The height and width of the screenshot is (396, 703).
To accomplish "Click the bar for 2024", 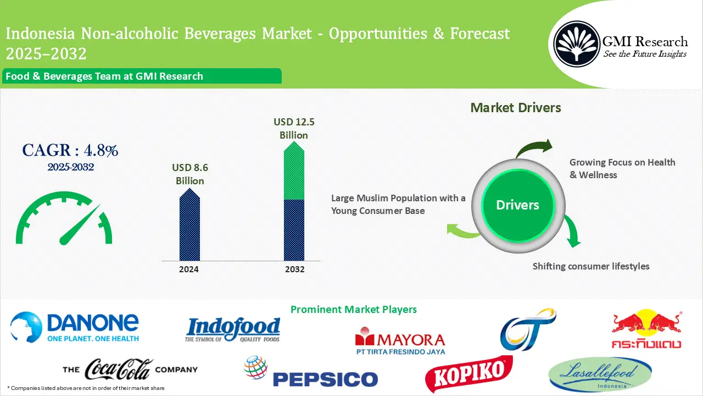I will tap(189, 226).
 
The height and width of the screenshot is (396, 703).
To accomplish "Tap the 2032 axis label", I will tap(295, 269).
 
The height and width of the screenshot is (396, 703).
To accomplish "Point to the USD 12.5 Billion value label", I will tap(294, 128).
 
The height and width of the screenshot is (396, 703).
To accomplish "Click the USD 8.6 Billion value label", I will tap(190, 174).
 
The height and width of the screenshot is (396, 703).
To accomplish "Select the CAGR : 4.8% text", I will tap(70, 150).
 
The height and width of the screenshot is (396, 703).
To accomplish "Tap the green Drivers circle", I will tap(517, 205).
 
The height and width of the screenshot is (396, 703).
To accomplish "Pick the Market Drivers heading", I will tap(516, 108).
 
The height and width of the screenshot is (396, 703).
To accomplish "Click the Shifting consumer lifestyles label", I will tap(591, 266).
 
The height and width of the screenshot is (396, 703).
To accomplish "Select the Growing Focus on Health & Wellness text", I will tap(622, 168).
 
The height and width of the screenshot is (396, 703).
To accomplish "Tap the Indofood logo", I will tap(233, 331).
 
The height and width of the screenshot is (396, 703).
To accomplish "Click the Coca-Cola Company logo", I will tap(130, 370).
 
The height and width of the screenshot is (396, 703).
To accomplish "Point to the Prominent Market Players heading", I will tap(353, 310).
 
